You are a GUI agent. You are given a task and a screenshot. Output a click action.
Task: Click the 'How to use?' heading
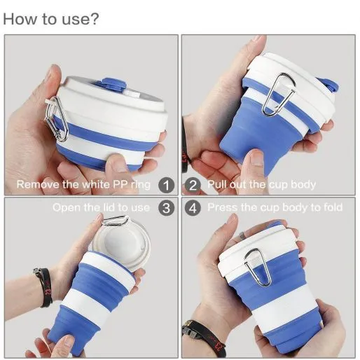(51, 19)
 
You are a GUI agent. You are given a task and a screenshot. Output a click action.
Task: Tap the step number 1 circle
(166, 186)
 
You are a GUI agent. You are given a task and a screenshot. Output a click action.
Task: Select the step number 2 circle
(193, 186)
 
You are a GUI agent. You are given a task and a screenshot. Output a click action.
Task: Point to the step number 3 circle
(166, 207)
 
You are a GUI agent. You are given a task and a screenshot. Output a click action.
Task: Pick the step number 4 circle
(193, 207)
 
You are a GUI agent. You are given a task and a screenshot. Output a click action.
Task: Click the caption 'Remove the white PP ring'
(83, 184)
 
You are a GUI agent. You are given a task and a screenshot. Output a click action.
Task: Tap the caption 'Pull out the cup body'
(262, 185)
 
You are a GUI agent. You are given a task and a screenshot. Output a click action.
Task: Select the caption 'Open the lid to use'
(101, 207)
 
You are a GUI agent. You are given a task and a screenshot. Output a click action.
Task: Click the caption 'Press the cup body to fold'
(275, 207)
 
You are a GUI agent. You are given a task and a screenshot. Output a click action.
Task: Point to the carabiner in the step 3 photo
(116, 221)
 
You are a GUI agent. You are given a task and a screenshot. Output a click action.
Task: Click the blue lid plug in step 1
(114, 84)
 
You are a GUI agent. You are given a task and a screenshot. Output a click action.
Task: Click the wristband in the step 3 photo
(44, 287)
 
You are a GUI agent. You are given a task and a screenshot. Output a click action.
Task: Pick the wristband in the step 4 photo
(202, 337)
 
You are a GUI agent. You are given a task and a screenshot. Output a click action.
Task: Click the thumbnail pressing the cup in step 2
(256, 158)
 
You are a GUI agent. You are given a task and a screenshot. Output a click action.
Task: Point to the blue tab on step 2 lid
(328, 85)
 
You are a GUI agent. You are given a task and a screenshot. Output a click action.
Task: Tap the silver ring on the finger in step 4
(242, 235)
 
